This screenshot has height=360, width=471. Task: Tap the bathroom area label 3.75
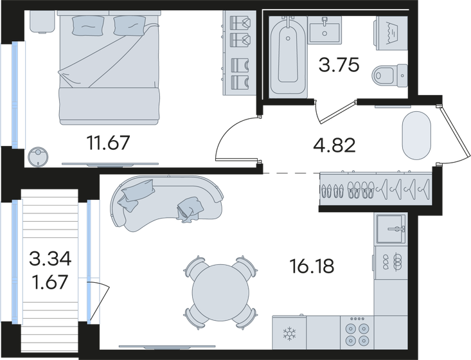(x=339, y=65)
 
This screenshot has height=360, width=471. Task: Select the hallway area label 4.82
(x=334, y=145)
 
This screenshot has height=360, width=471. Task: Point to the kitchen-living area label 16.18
(x=312, y=266)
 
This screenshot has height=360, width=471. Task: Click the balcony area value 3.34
(x=50, y=258)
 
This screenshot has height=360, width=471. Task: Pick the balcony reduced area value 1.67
(x=50, y=282)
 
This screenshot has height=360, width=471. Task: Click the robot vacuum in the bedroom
(x=38, y=156)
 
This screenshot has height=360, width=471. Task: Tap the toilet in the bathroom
(x=389, y=76)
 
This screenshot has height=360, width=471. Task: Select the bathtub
(x=288, y=57)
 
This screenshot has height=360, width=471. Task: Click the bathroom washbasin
(x=324, y=30)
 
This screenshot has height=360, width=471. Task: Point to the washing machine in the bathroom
(x=391, y=33)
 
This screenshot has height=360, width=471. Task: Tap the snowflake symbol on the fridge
(x=289, y=334)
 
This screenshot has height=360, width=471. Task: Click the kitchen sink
(x=391, y=229)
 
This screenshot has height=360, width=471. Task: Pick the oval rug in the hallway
(x=416, y=136)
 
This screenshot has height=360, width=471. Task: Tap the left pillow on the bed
(x=88, y=25)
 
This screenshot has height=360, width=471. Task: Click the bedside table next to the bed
(x=42, y=21)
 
